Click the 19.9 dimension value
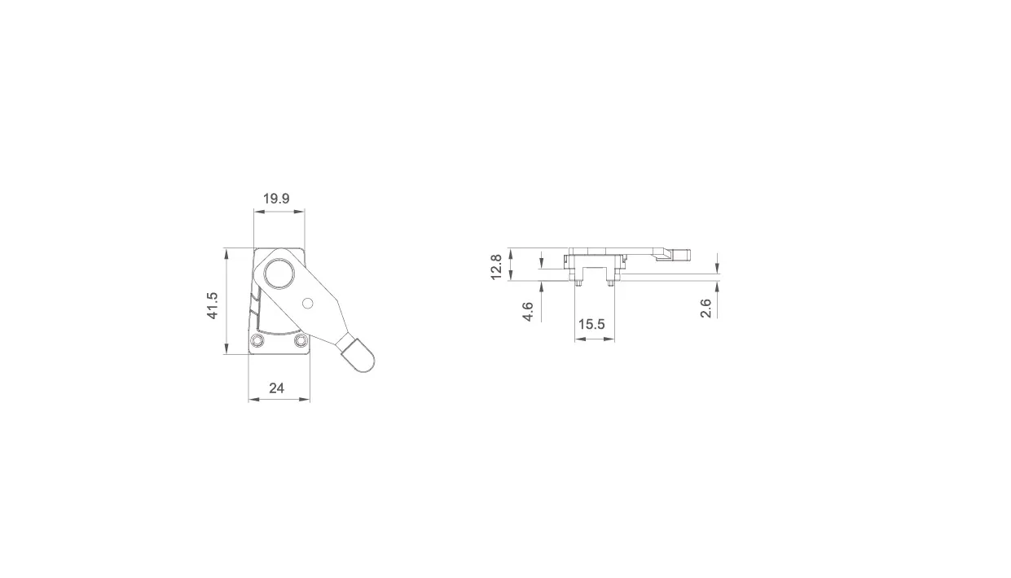coord(276,199)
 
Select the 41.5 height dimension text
coord(213,305)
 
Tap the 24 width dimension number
coord(277,388)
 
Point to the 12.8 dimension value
coord(496,267)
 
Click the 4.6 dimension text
coord(528,312)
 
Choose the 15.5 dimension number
coord(591,324)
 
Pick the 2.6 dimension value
coord(706,309)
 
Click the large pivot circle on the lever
coord(279,274)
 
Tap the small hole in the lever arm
coord(308,304)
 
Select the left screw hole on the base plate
coord(257,340)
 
